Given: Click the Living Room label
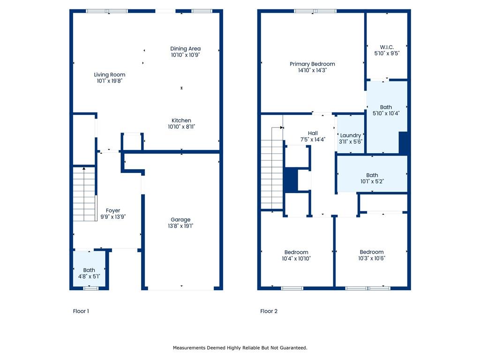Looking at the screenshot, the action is point(109,75).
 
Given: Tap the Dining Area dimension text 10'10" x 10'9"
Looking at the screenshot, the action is point(185,55).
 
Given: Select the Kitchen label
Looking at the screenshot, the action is point(181,120).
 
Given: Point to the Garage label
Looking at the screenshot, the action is point(180,220).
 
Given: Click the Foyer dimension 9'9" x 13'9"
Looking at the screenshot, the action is point(113,217).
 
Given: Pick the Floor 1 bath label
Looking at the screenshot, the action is point(89,270).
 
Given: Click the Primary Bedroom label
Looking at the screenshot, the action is point(312,64).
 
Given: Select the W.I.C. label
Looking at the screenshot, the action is point(387,47).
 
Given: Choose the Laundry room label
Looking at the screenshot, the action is point(351,135).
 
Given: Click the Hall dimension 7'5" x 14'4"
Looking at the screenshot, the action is point(313,139).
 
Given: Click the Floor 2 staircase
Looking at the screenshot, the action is point(272,169).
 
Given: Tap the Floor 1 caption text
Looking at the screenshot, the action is point(81,311).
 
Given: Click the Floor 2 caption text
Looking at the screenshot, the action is point(269,311).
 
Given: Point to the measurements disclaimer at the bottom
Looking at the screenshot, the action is point(240,348).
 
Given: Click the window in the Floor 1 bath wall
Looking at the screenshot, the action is point(91,288).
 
